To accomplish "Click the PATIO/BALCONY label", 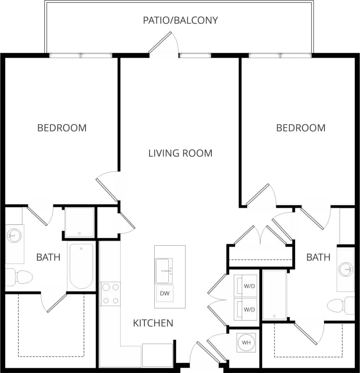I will tap(180, 20).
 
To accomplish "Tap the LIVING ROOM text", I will tap(180, 153).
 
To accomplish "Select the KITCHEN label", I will tap(153, 323).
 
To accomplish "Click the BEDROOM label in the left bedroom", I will tap(62, 128).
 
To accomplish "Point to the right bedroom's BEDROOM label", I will tap(301, 128).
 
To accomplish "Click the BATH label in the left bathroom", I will tap(48, 257).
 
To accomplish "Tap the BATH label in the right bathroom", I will tap(318, 257).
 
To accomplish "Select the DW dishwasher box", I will tap(164, 293).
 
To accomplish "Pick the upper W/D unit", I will tap(245, 285).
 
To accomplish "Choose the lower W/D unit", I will tap(245, 309).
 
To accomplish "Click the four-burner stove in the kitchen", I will tap(110, 294).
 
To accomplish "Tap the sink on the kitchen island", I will tap(164, 271).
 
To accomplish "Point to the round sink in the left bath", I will tap(14, 235).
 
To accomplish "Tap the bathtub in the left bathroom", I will tap(81, 266).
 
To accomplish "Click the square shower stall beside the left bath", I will tap(79, 222).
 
